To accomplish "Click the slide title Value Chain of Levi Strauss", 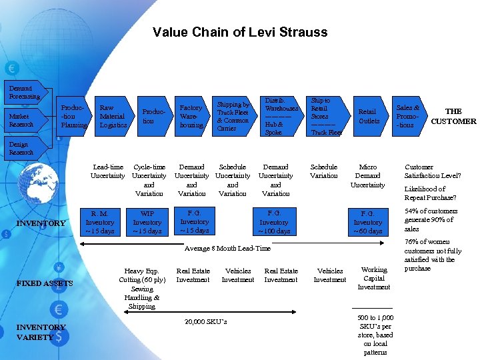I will tap(240, 32).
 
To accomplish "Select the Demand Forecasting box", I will tap(24, 92).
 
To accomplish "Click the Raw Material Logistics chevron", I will tap(113, 116).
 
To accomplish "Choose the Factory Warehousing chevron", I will tap(191, 116).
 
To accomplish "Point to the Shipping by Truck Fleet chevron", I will tap(233, 116).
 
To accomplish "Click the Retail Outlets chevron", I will tap(368, 116).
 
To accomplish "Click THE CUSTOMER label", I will tap(453, 116).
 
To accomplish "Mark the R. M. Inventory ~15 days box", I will tap(100, 222).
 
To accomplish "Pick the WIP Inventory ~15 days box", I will tap(147, 222).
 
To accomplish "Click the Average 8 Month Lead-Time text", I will tap(227, 248).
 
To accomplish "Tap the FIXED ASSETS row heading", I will tap(45, 283).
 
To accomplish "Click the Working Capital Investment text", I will tap(374, 278).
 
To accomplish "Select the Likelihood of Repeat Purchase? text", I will tap(431, 193).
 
